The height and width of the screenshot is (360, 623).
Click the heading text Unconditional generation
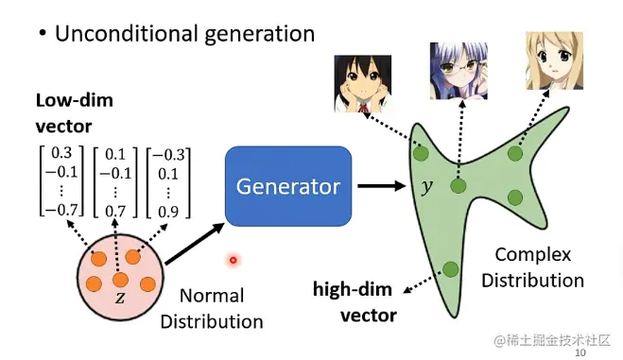[183, 34]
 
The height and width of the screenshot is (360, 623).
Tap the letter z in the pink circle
[119, 297]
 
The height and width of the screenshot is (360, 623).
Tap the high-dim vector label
[355, 301]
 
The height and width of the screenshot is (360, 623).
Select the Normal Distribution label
[212, 308]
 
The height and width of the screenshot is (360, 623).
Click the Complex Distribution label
[539, 267]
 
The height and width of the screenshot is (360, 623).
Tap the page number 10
[580, 351]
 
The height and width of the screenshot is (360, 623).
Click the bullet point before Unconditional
[43, 35]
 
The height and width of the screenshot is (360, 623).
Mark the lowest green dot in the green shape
[449, 268]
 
